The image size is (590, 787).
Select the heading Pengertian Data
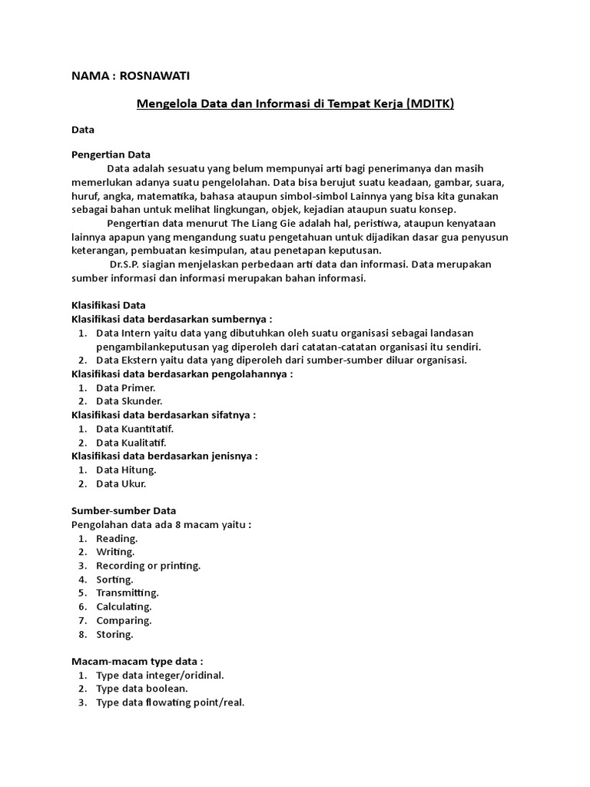[x=111, y=154]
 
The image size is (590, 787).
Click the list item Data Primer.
[x=126, y=388]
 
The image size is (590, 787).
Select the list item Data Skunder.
[x=129, y=401]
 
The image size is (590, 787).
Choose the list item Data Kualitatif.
[x=131, y=442]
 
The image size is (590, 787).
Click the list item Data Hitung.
[x=126, y=470]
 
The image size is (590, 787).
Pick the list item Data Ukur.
[x=121, y=483]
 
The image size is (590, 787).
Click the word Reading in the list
[x=117, y=539]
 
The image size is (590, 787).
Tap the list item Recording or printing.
[x=148, y=566]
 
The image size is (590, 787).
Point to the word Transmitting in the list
[x=128, y=593]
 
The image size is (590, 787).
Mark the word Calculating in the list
[x=124, y=607]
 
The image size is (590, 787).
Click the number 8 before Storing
[x=81, y=635]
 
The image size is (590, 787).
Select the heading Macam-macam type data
[x=138, y=662]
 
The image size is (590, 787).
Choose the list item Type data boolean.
[x=142, y=689]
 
